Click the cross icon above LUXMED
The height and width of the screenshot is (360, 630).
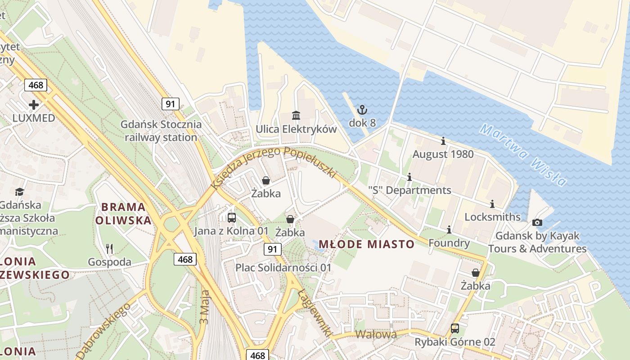(34, 105)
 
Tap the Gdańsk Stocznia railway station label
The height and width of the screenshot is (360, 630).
(161, 131)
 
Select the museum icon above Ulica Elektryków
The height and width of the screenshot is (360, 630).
(296, 116)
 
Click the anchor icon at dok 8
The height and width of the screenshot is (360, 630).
(362, 109)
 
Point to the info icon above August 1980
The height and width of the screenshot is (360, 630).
(443, 141)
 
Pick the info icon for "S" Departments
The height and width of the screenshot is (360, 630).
(409, 177)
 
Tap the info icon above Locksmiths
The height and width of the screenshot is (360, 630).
(492, 204)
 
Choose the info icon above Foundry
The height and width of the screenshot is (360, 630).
(449, 230)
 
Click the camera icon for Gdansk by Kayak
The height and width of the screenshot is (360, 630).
(537, 222)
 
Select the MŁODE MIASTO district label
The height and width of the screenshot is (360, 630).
(366, 244)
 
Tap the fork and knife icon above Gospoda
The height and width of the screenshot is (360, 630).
(109, 248)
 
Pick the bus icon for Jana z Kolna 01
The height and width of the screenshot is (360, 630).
(232, 218)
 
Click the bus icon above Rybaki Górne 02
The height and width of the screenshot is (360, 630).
(455, 328)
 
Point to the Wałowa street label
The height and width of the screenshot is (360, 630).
(376, 334)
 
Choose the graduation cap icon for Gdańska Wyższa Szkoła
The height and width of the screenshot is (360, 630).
(19, 192)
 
